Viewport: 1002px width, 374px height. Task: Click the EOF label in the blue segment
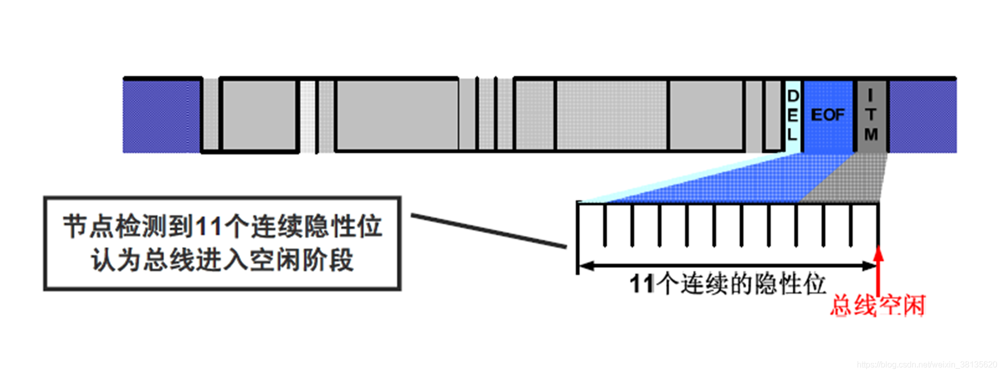827,115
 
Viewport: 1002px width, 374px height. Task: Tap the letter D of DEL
793,96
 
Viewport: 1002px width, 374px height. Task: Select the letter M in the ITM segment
871,134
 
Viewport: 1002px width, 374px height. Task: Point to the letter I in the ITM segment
870,95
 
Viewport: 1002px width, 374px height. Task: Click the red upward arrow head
878,253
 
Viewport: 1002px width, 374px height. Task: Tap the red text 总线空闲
878,305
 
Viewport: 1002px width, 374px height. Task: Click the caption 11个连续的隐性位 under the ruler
727,284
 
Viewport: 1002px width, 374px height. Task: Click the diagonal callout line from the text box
488,231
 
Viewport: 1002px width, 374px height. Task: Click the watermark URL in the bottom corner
927,365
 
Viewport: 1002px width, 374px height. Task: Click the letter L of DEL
792,134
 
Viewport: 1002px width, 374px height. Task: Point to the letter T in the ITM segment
871,115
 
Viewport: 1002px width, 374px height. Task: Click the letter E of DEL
793,115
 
